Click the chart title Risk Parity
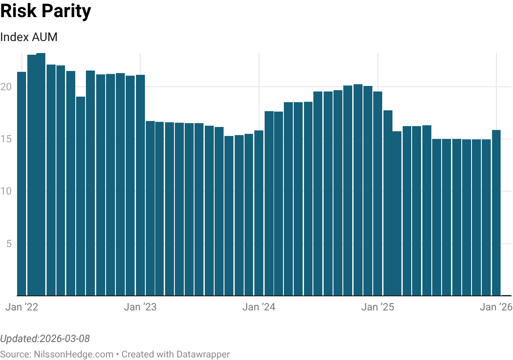coord(45,12)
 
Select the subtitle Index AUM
coord(29,37)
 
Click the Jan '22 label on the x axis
coord(22,307)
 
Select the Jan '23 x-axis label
coord(140,307)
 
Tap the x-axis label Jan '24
coord(259,307)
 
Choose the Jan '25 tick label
coord(377,307)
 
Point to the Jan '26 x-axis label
coord(496,307)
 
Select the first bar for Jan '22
coord(21,184)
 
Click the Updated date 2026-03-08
coord(64,339)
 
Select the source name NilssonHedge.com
coord(72,354)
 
